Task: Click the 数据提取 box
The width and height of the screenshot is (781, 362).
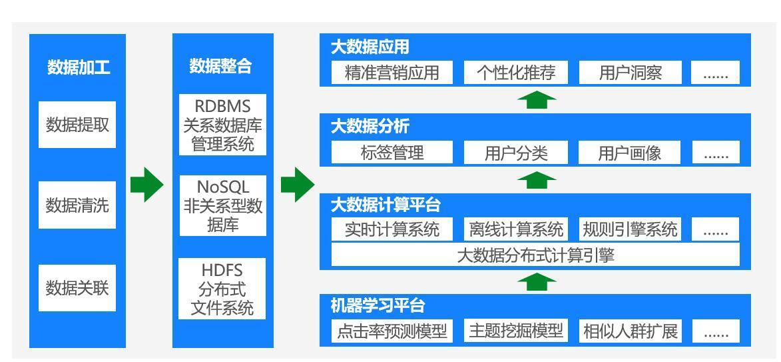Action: coord(77,125)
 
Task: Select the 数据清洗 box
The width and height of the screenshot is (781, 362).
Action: coord(77,205)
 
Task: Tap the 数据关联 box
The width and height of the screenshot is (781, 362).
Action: coord(77,288)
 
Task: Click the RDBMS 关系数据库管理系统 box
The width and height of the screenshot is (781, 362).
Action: coord(222,125)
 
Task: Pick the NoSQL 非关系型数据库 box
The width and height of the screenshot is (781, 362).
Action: coord(222,205)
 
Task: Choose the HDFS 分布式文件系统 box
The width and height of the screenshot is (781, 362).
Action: coord(222,289)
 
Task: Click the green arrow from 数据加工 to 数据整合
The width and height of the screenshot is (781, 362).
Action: coord(147,185)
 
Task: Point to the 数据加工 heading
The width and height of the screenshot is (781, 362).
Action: coord(79,67)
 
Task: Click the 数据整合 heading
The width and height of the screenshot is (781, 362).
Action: coord(220,66)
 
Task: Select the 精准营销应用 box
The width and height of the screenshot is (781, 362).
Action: coord(392,73)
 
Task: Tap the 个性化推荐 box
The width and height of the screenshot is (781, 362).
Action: coord(516,73)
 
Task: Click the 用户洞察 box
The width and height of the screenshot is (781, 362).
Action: coord(631,73)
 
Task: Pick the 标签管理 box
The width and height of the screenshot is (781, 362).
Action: coord(392,152)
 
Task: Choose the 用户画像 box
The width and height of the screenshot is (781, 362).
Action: coord(630,152)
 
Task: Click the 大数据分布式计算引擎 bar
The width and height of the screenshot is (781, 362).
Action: coord(535,255)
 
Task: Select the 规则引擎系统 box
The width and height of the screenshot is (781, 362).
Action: coord(630,229)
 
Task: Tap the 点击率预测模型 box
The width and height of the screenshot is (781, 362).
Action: coord(392,331)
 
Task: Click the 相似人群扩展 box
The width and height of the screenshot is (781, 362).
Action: coord(630,331)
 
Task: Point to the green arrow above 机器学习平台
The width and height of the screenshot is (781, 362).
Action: coord(537,282)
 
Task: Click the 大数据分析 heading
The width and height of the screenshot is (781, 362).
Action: coord(370,126)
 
